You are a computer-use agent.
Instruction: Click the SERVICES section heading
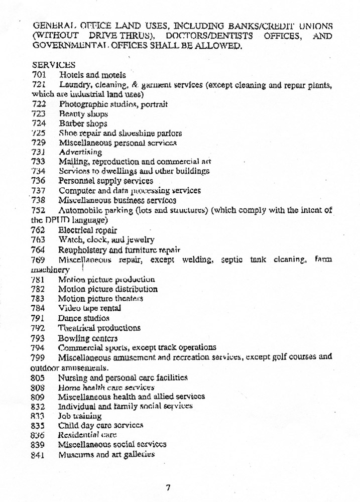coord(54,65)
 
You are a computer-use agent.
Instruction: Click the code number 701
coord(39,75)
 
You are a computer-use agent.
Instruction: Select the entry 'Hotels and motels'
coord(92,75)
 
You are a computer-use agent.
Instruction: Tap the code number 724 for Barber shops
coord(39,123)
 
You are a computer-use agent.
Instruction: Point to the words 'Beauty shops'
coord(83,114)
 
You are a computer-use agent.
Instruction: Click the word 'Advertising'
coord(80,152)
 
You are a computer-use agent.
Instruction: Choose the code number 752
coord(39,210)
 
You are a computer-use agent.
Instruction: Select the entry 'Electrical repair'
coord(88,230)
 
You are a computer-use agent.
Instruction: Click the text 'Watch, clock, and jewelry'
coord(106,240)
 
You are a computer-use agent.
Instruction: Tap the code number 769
coord(39,260)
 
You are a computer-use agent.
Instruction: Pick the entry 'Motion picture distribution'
coord(108,289)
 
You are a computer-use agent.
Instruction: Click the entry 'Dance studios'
coord(84,318)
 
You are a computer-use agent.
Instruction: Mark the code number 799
coord(39,357)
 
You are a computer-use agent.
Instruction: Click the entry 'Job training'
coord(80,416)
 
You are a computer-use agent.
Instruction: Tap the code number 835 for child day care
coord(39,425)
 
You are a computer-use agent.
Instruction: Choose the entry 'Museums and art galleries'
coord(106,454)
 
